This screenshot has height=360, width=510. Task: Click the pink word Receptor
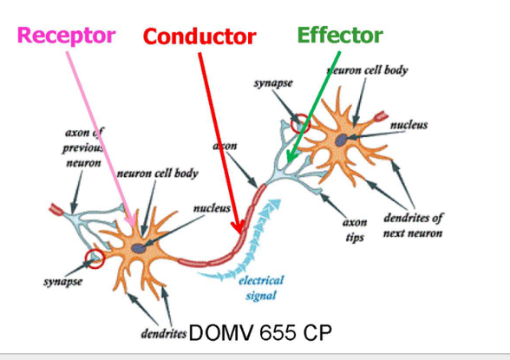pyautogui.click(x=66, y=35)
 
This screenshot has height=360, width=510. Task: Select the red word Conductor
pyautogui.click(x=199, y=36)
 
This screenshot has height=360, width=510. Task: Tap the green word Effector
pyautogui.click(x=340, y=35)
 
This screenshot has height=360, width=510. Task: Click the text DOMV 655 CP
pyautogui.click(x=259, y=333)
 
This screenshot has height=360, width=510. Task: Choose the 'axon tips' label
pyautogui.click(x=356, y=229)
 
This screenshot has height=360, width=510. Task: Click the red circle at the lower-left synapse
pyautogui.click(x=95, y=258)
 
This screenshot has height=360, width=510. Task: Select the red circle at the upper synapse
pyautogui.click(x=301, y=122)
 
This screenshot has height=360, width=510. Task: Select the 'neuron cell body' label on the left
pyautogui.click(x=157, y=173)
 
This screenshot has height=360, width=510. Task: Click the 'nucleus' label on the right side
pyautogui.click(x=409, y=126)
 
